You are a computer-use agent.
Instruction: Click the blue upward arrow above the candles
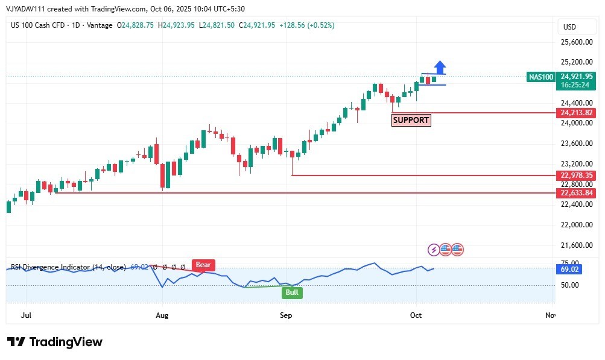(440, 67)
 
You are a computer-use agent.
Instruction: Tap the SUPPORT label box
(411, 120)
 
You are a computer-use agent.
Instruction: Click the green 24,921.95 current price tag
(577, 77)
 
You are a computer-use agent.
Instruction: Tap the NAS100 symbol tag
(540, 77)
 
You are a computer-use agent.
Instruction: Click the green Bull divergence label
(293, 292)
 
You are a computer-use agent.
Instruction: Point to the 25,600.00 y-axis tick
(576, 42)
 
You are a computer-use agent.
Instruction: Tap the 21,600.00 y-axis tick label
(576, 245)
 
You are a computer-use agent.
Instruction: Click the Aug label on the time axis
(161, 315)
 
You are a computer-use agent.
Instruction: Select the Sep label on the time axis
(286, 315)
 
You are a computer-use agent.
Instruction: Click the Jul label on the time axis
(26, 315)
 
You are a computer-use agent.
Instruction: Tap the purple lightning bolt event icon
(434, 249)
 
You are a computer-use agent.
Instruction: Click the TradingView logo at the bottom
(55, 342)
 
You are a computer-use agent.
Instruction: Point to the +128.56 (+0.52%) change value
(306, 25)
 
